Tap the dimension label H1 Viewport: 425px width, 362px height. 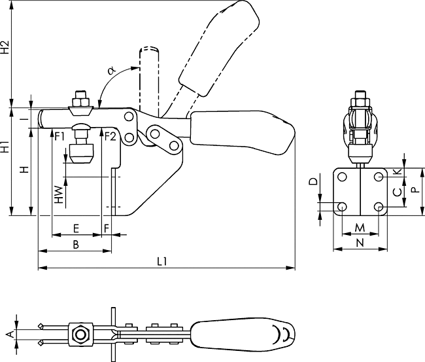coord(5,147)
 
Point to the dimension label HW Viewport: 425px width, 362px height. coord(59,194)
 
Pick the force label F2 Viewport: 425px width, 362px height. coord(109,136)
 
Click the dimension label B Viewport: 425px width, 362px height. coord(76,244)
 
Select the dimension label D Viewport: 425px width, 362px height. coord(313,181)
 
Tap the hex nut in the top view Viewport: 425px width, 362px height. coord(80,335)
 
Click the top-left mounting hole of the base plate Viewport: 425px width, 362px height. coord(342,177)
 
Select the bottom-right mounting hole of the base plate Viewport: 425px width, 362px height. coord(379,207)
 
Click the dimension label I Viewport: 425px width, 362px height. coord(24,118)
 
